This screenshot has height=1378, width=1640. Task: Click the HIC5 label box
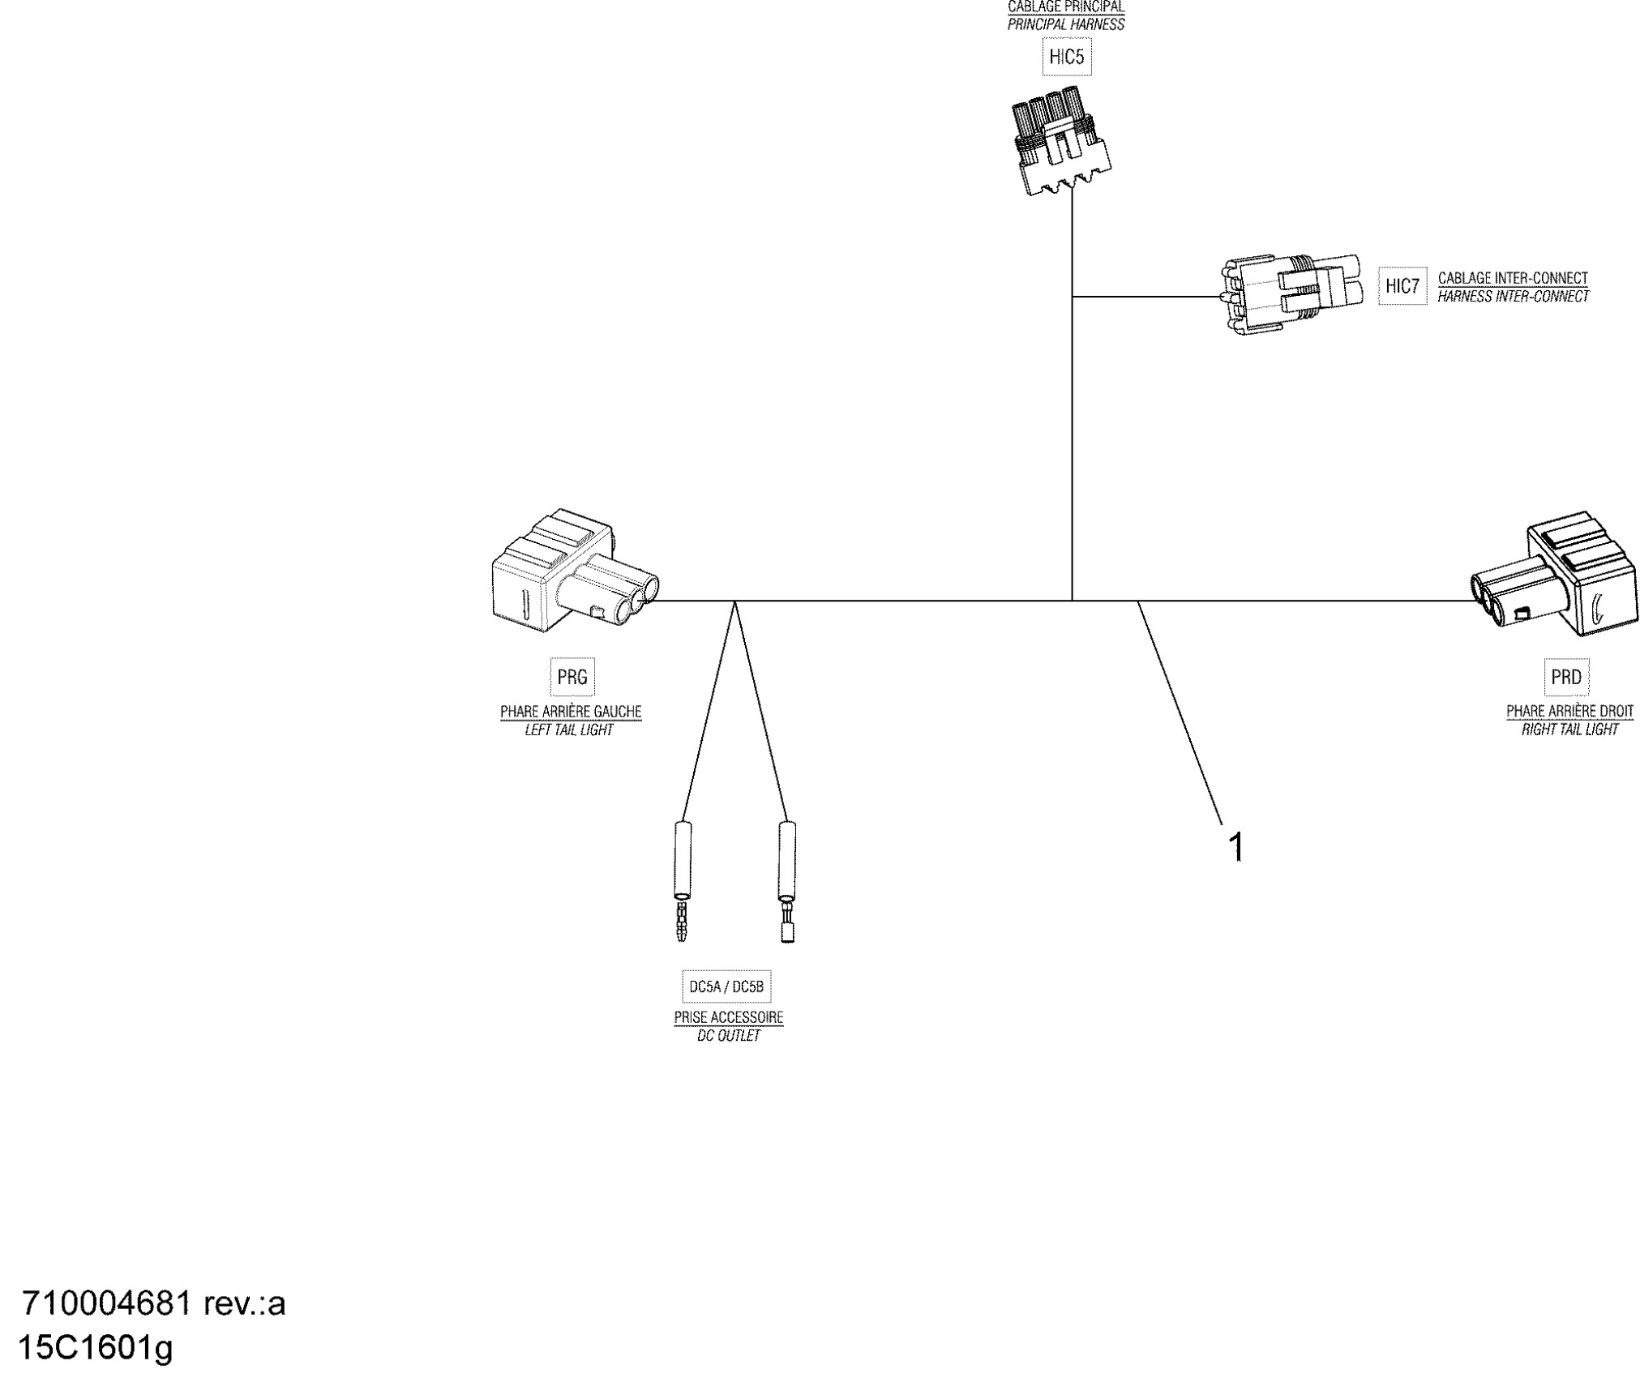[x=1066, y=57]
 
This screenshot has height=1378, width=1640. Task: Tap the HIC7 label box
[x=1402, y=286]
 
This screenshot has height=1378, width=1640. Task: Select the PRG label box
[x=572, y=677]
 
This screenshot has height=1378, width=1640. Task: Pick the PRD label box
[x=1565, y=677]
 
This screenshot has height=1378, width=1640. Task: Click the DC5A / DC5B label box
[x=726, y=986]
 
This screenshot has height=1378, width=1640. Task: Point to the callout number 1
[x=1236, y=848]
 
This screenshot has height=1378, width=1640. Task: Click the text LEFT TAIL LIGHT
[x=569, y=730]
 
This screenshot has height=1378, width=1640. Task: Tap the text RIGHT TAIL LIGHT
[x=1569, y=730]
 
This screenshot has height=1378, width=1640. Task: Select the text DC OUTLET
[x=729, y=1035]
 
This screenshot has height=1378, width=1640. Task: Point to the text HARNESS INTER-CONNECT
[x=1513, y=297]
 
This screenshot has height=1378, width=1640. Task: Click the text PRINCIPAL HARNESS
[x=1066, y=24]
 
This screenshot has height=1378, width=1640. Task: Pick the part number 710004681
[x=106, y=1303]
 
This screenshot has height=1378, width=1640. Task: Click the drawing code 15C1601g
[x=95, y=1348]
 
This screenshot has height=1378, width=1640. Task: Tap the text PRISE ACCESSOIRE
[x=729, y=1016]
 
